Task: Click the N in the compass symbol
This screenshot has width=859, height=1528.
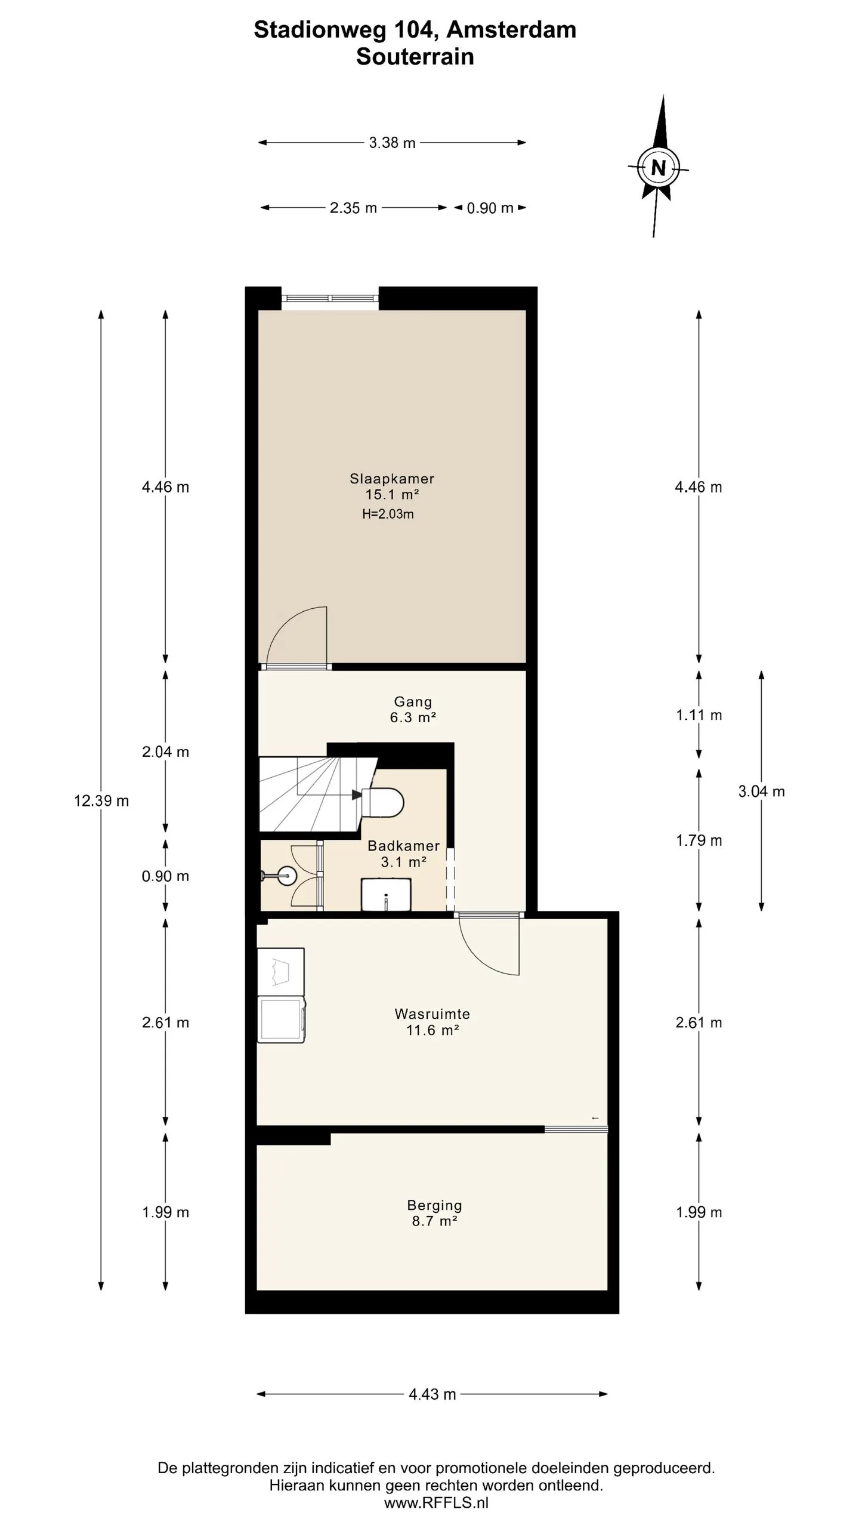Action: pos(658,168)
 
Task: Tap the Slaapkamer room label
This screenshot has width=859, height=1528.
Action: pos(392,478)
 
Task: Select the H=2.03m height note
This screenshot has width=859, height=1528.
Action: pos(388,514)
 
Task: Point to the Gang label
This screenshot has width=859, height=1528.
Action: pos(413,702)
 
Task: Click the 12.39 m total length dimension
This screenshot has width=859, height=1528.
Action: pos(101,800)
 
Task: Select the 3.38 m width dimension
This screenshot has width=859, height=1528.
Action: pos(392,143)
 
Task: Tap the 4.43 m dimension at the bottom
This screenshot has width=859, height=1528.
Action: pos(432,1394)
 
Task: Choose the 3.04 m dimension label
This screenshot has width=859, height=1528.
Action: pos(761,791)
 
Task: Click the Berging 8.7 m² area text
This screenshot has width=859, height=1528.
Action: pos(435,1221)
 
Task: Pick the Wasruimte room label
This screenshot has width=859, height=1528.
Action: pos(432,1013)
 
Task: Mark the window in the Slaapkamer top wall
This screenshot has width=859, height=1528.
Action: pos(330,298)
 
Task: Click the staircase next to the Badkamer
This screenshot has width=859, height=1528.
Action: pos(313,794)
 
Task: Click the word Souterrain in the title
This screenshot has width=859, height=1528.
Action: pos(415,57)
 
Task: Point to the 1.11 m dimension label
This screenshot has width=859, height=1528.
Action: pos(699,714)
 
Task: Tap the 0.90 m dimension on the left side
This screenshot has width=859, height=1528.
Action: pos(165,876)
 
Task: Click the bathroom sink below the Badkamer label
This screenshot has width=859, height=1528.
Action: pos(387,894)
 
